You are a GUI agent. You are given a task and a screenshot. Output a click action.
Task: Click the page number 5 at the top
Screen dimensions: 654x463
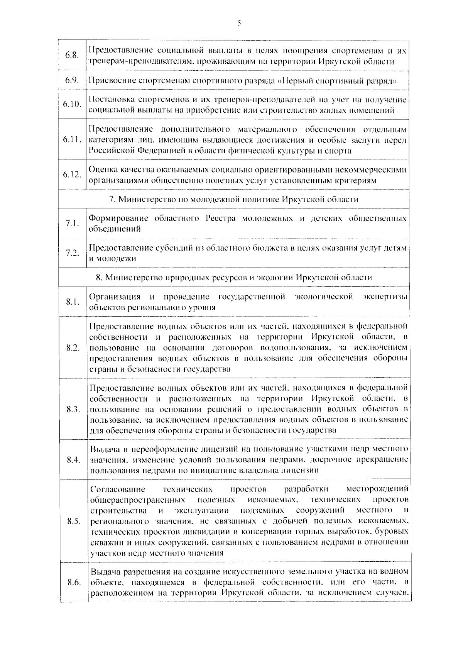(239, 24)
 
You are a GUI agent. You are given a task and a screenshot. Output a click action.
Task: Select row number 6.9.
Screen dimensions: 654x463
(72, 80)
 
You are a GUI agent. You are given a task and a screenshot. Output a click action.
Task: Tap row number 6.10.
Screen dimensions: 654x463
(72, 105)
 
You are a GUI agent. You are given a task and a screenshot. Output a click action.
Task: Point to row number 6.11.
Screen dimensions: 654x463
(72, 139)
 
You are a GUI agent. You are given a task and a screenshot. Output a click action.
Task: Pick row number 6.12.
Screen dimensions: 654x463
(72, 174)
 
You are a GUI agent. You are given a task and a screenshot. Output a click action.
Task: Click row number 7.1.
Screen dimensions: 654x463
(72, 223)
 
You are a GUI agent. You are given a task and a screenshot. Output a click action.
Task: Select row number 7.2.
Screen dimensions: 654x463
(72, 253)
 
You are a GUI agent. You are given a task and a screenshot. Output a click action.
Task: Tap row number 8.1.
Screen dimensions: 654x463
(72, 302)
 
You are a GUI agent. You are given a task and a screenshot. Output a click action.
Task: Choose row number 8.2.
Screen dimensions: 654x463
(73, 347)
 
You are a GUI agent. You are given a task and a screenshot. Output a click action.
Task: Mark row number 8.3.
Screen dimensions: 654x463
(73, 409)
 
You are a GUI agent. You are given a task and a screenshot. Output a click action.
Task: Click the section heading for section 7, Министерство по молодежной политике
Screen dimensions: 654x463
(234, 199)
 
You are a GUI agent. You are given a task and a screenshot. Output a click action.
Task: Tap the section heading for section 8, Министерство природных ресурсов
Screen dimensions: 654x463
(234, 278)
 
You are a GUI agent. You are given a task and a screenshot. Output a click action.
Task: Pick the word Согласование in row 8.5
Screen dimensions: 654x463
(117, 490)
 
